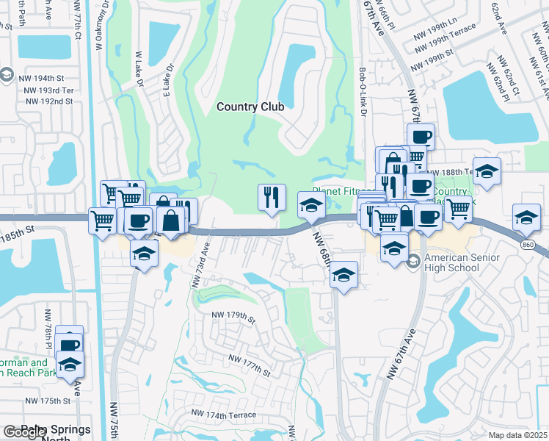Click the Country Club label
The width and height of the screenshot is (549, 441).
point(250,107)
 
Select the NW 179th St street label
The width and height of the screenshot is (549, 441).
point(233,315)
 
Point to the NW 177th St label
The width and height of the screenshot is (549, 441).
point(249,365)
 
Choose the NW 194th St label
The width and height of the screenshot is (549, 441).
point(44,78)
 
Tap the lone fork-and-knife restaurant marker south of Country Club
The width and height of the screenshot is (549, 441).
point(272,197)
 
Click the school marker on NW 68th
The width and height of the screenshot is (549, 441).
point(343,275)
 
